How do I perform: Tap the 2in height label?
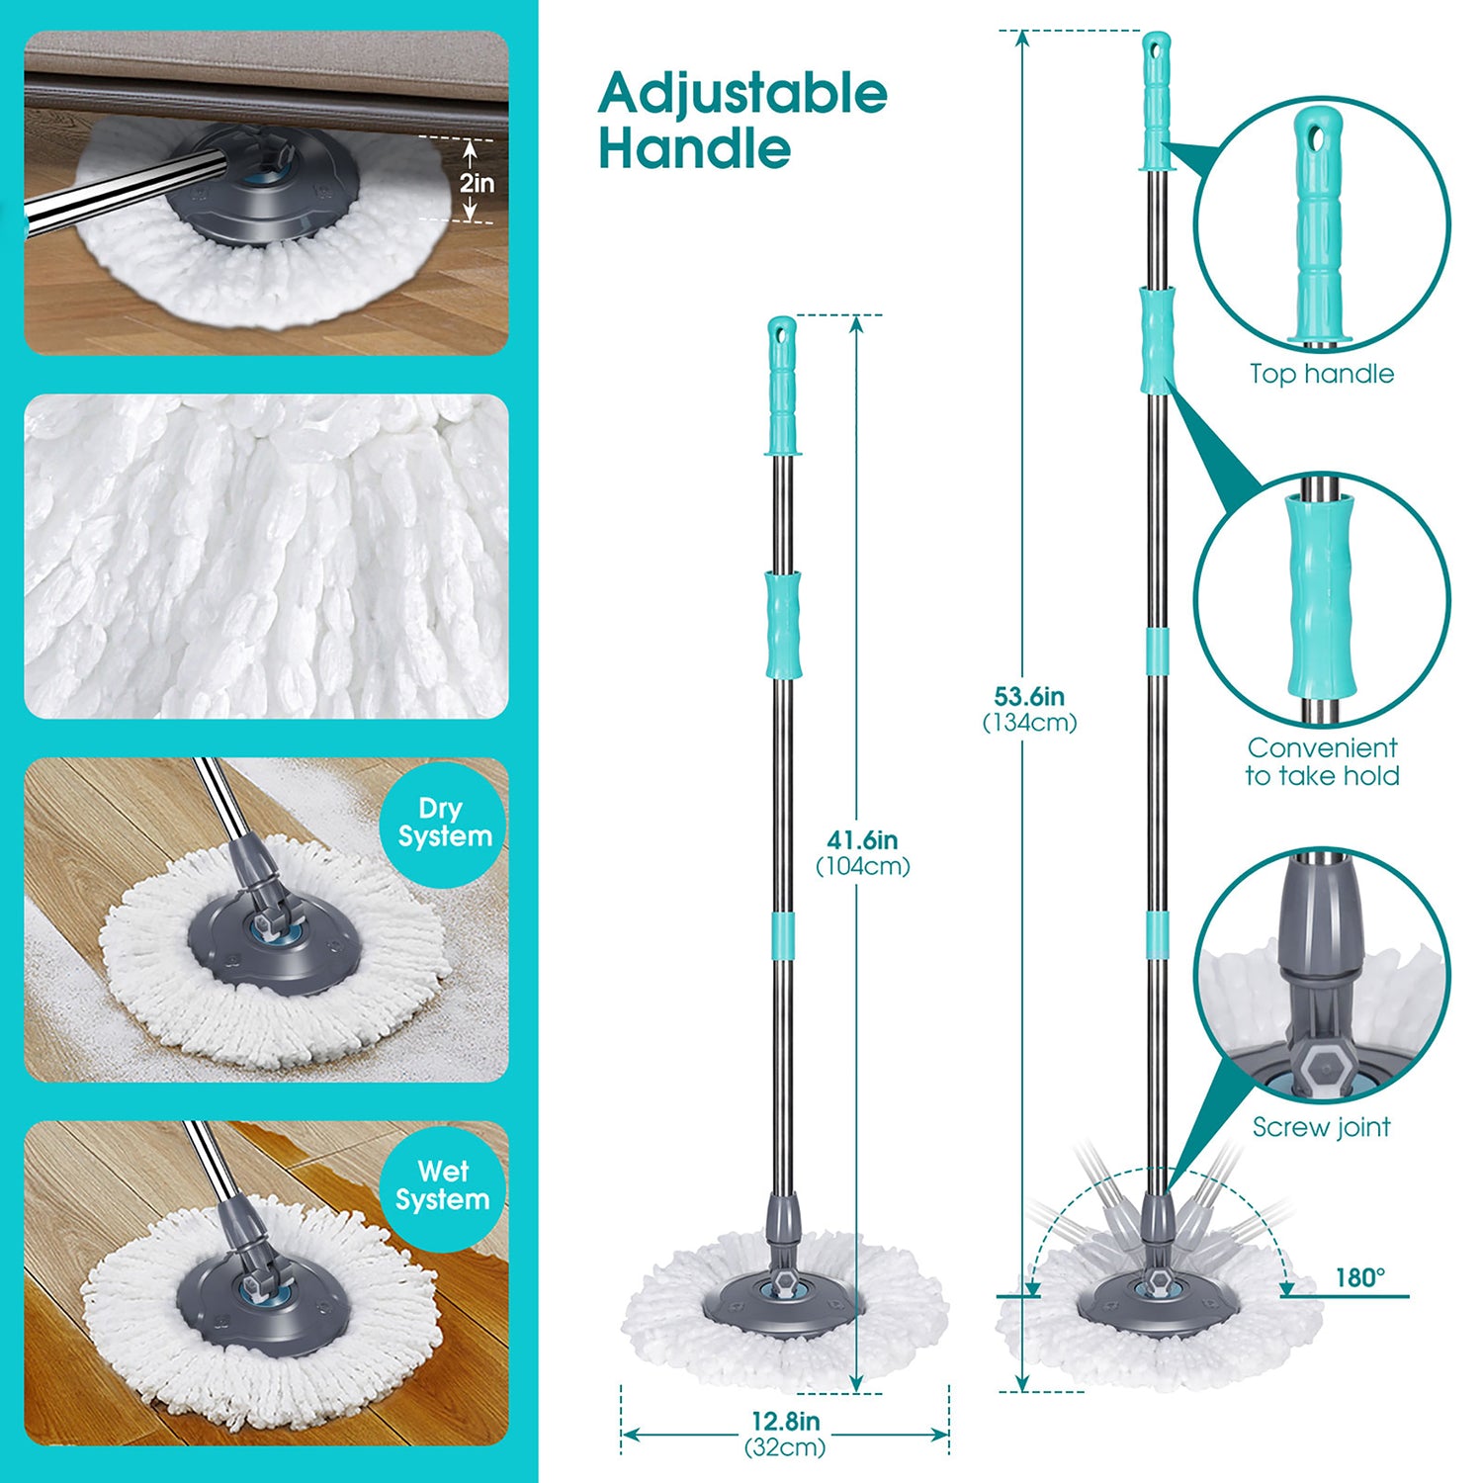[x=477, y=183]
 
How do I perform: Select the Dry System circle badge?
[x=443, y=823]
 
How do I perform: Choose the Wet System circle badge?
[x=443, y=1185]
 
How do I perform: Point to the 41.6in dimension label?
[x=862, y=840]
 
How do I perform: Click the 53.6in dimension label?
[x=1029, y=696]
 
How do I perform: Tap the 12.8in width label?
[x=785, y=1421]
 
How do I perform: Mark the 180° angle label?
[x=1360, y=1277]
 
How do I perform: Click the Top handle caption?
[x=1322, y=374]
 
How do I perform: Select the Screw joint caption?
[x=1322, y=1127]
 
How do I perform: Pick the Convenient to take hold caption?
[x=1322, y=761]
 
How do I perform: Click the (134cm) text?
[x=1029, y=723]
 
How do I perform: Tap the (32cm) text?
[x=785, y=1447]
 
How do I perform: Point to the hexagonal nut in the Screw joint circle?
[x=1321, y=1072]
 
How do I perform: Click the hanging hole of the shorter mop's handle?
[x=781, y=332]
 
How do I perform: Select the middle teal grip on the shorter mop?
[x=782, y=625]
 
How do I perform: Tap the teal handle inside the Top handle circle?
[x=1319, y=227]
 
